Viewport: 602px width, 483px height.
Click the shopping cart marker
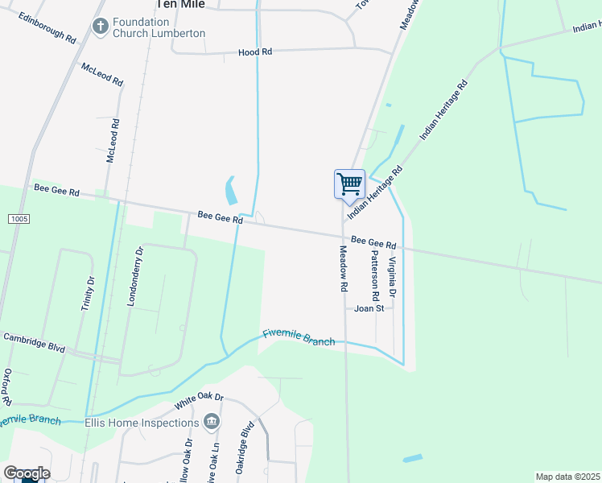point(349,184)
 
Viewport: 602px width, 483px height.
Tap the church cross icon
point(101,27)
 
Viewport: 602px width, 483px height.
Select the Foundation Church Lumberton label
point(159,28)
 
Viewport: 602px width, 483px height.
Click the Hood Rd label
point(255,52)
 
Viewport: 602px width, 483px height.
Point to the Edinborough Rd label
point(47,27)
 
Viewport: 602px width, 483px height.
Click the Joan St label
point(369,308)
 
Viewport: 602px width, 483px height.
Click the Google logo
point(27,473)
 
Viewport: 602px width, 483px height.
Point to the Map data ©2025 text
point(567,477)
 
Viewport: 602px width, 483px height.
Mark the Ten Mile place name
point(179,4)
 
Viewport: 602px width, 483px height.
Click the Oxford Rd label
point(6,387)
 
